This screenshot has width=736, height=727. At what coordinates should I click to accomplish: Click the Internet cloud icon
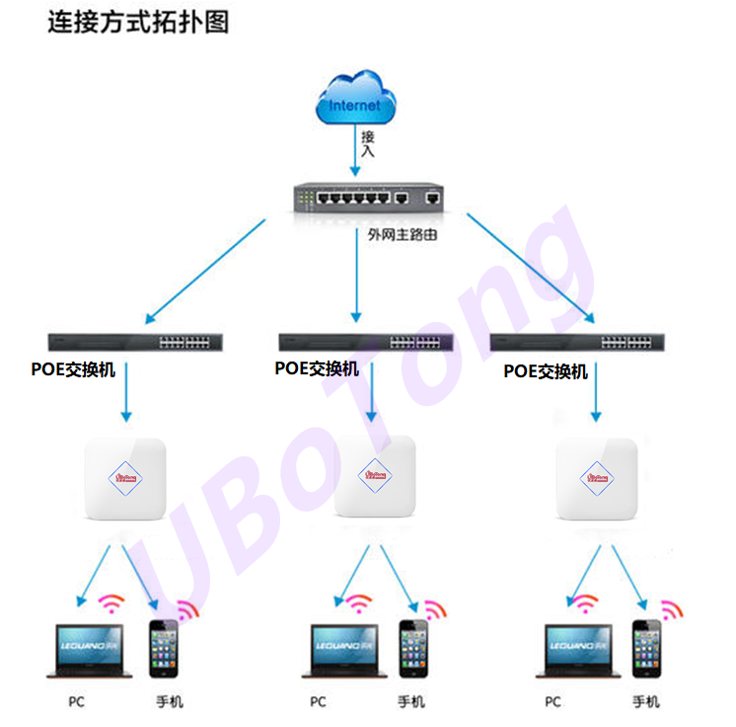355,102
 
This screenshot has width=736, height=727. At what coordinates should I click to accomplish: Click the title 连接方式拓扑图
138,23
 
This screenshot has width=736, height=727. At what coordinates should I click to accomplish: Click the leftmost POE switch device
139,342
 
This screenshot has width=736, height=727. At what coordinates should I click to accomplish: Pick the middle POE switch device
366,343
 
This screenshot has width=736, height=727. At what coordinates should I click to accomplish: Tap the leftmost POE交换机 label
74,369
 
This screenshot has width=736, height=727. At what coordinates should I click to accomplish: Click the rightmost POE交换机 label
546,371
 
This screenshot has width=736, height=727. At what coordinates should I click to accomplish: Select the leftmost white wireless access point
124,479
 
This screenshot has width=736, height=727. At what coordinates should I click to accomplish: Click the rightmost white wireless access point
596,478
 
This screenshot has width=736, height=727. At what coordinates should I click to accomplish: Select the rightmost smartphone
646,649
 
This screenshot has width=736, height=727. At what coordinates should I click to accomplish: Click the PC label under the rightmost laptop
552,702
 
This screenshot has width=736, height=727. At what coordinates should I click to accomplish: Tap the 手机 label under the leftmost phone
169,702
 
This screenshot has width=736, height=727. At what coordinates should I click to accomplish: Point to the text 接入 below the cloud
368,144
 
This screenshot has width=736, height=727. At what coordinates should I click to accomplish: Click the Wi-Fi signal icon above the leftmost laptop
111,602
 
